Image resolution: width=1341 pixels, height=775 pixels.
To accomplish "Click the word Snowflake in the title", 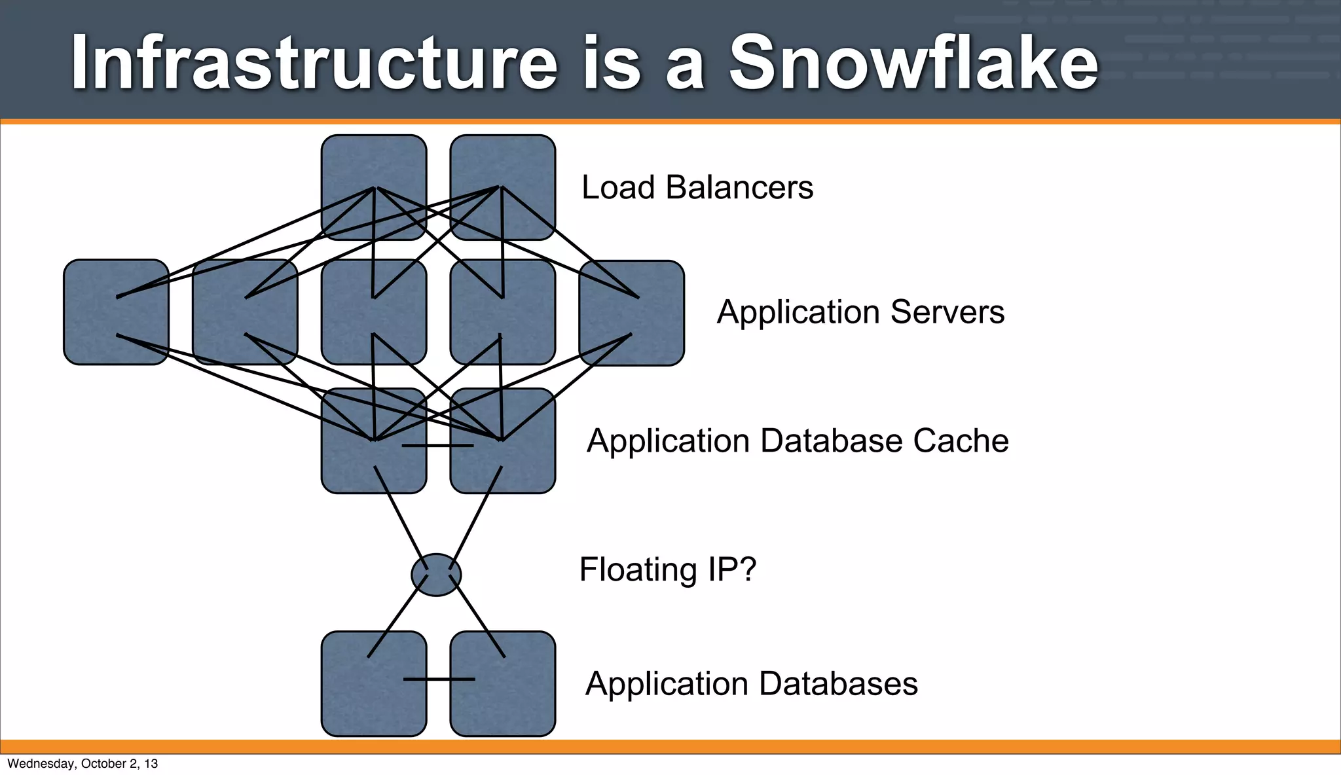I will [913, 63].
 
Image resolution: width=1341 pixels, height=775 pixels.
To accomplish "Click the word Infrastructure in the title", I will [314, 63].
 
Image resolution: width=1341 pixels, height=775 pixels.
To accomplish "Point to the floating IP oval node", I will [436, 575].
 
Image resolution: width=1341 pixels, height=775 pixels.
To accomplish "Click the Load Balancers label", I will [697, 188].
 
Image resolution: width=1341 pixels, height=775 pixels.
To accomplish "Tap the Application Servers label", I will [860, 312].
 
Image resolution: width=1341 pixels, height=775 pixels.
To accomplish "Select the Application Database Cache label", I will [798, 441].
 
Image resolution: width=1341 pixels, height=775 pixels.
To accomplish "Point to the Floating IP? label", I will [668, 569].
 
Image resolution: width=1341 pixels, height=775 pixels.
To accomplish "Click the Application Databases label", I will [752, 684].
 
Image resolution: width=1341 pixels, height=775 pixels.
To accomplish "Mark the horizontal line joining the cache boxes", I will [437, 446].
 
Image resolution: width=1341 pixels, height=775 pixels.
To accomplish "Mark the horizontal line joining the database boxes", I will [439, 679].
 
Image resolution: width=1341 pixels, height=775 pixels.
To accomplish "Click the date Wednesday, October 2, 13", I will [83, 764].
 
